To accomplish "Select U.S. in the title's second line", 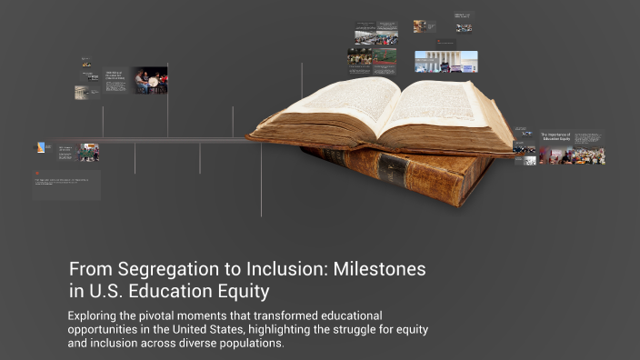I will pos(107,292).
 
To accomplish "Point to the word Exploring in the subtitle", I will pos(97,314).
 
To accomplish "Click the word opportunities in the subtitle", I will pos(112,329).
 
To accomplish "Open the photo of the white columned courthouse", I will pos(445,61).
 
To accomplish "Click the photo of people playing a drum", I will pos(149,80).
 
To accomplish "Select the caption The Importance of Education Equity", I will pos(555,137).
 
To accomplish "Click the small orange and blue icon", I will pos(42,147).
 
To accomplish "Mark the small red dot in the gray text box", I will pos(38,173).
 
